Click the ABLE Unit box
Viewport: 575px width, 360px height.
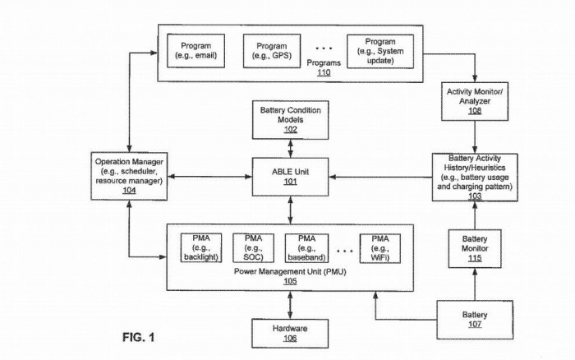290,177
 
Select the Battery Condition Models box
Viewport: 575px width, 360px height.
291,120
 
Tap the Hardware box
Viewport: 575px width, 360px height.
290,333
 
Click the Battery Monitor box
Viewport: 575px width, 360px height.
475,248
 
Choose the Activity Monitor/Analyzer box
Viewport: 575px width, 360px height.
475,101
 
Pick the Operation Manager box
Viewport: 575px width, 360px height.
129,176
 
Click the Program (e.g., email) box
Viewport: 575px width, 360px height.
195,51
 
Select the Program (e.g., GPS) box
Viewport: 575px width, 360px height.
272,51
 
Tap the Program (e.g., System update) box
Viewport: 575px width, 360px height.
380,52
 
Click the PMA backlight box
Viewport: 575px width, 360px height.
201,247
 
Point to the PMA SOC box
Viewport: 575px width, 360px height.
253,248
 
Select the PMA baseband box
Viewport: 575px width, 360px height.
306,248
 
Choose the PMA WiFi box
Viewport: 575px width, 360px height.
379,248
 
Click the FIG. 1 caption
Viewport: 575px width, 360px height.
139,337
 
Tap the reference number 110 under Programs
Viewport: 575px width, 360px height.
324,72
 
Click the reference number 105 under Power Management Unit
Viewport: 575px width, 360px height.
290,281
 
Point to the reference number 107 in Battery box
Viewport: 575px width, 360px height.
475,325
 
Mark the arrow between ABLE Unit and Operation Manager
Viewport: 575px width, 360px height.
209,177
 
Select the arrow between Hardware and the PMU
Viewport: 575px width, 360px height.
290,305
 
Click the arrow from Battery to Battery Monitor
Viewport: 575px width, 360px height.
475,284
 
